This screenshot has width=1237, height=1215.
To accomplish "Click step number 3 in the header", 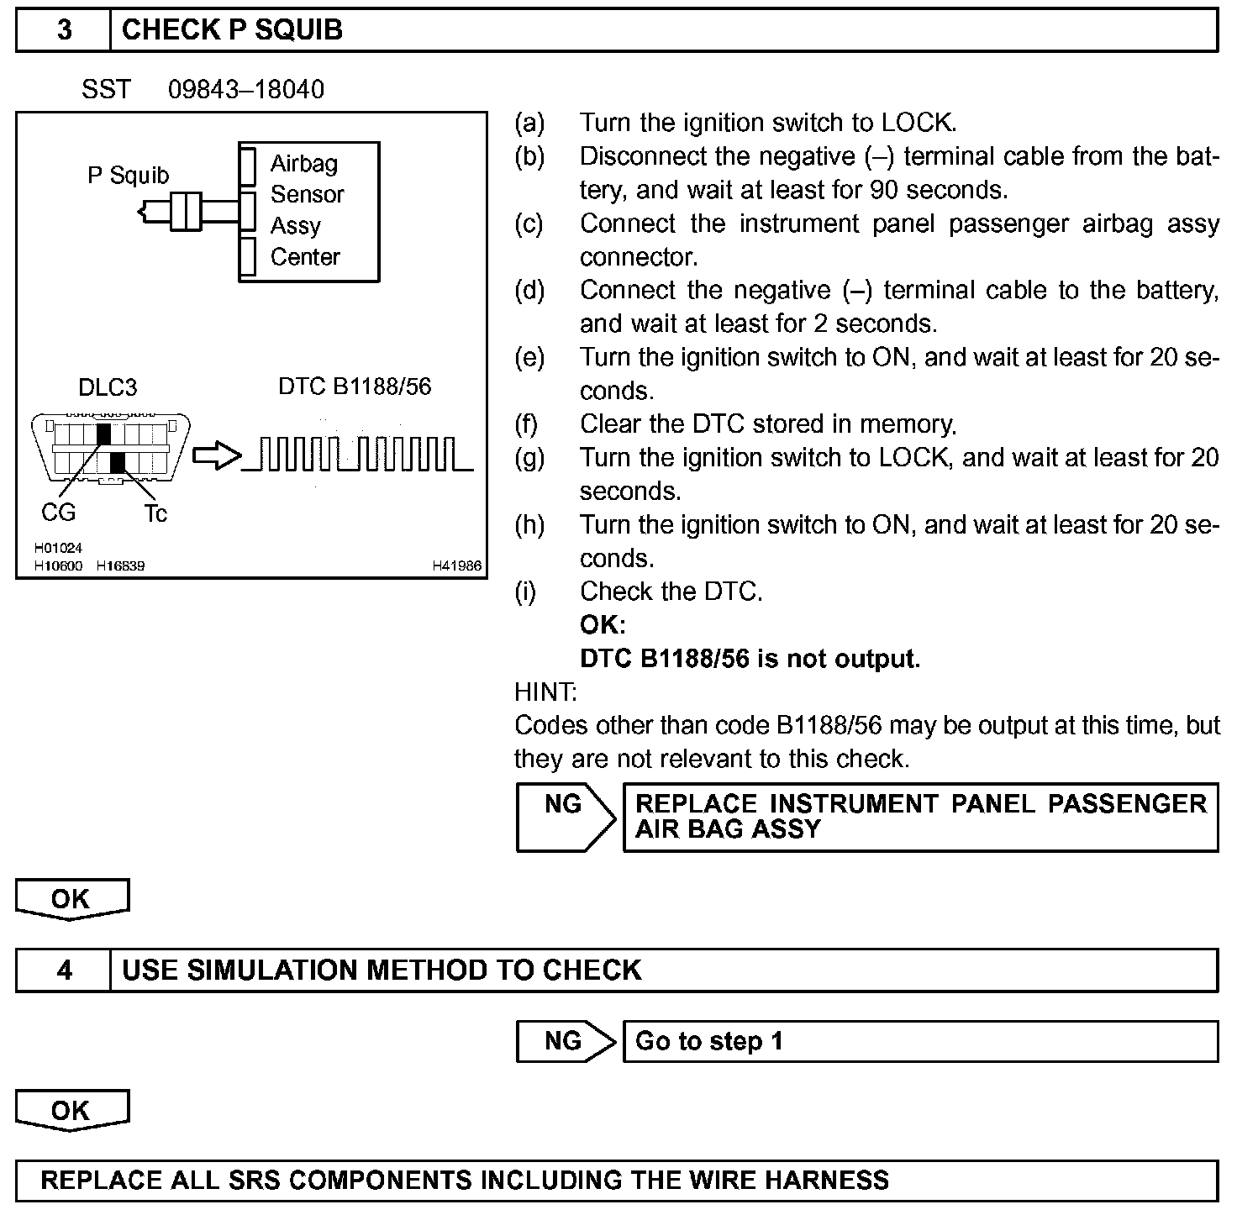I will [x=64, y=30].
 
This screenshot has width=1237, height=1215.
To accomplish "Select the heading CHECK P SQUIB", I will [x=232, y=30].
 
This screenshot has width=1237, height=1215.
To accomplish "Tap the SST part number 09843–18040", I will [x=245, y=89].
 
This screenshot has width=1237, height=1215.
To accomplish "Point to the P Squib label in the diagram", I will [x=128, y=176].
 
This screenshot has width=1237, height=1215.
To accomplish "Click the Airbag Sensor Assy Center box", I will [x=308, y=211].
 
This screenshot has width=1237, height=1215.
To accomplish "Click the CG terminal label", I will [x=58, y=512].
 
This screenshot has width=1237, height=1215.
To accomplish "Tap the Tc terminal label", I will [x=155, y=513].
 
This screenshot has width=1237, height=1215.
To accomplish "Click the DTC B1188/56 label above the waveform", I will [x=354, y=387].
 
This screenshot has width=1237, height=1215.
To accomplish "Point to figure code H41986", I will [x=456, y=566].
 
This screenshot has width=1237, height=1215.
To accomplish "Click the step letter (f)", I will [x=525, y=424].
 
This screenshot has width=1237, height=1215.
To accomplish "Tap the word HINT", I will [x=545, y=692].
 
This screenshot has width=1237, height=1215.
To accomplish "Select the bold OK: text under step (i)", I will [x=603, y=625].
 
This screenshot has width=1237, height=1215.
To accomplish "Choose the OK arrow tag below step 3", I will [x=72, y=899].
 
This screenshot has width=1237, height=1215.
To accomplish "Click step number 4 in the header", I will [x=64, y=970].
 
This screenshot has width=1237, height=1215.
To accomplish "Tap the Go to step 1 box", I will [x=919, y=1041].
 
